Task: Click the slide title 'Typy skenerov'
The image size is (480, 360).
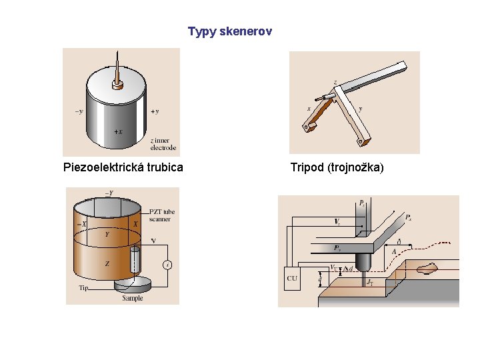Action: [x=230, y=31]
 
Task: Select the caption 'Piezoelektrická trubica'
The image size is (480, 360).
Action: [x=123, y=167]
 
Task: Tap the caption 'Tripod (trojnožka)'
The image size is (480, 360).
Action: [x=337, y=167]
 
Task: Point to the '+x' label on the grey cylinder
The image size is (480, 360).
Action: [x=117, y=132]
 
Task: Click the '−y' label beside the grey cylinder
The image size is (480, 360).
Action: [x=79, y=111]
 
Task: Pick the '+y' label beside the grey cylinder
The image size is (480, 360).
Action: [x=155, y=111]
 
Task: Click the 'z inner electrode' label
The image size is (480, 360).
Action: [x=163, y=144]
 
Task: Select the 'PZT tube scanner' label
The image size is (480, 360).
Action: [x=160, y=215]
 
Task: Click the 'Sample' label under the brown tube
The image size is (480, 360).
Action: [x=132, y=298]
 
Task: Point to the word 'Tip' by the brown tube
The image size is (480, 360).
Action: [x=83, y=288]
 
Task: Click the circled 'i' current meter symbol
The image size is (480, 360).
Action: [x=167, y=265]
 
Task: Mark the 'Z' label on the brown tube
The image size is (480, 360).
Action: [x=107, y=264]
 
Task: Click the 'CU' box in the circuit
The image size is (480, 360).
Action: [x=292, y=278]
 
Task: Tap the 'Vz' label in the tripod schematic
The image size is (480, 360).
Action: [x=337, y=221]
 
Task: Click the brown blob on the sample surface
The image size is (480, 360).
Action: [x=427, y=268]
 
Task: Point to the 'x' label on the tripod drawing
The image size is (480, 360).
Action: [x=309, y=108]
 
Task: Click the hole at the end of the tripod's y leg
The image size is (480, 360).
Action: [x=360, y=141]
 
